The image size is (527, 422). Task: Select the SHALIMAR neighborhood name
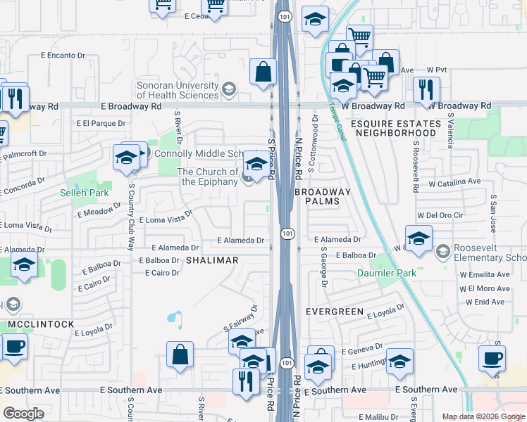coord(212,260)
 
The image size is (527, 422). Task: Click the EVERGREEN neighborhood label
coord(335,311)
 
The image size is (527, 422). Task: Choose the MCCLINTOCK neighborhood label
coord(41,324)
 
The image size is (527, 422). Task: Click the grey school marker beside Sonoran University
coord(228,89)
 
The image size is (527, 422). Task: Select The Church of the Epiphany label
coord(207,177)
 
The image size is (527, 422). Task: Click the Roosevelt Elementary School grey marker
coord(442,251)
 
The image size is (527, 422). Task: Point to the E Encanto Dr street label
coord(63,54)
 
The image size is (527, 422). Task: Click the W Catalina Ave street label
coord(449,181)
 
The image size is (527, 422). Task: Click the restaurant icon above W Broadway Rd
coord(426,89)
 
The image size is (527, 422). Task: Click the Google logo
coord(24,414)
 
